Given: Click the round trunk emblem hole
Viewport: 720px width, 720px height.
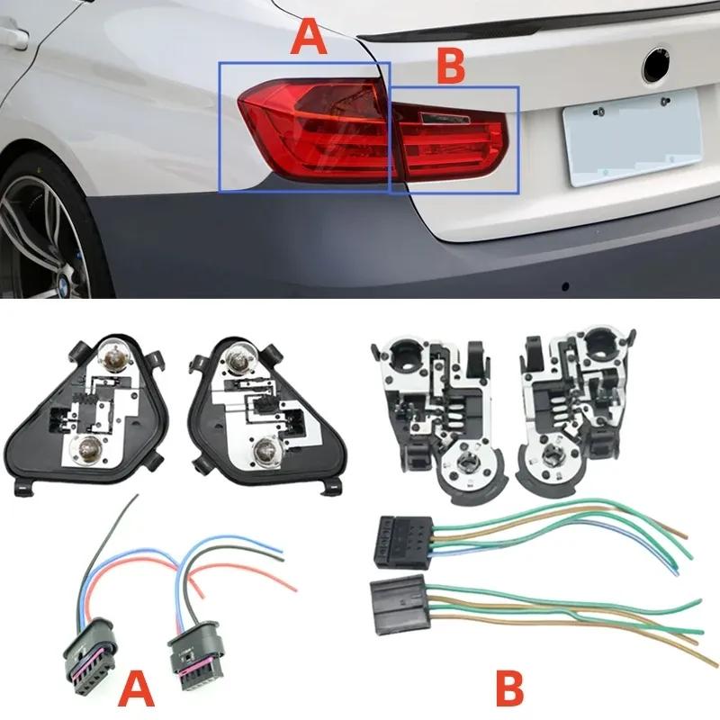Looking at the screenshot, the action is point(656,65).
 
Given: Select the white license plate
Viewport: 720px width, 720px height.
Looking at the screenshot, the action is point(634,137).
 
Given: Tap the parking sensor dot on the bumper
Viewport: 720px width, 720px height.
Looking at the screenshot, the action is point(566,287).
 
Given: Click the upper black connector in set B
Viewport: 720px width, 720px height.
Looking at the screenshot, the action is point(404,542).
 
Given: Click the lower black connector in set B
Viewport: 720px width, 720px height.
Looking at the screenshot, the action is point(400,605).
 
